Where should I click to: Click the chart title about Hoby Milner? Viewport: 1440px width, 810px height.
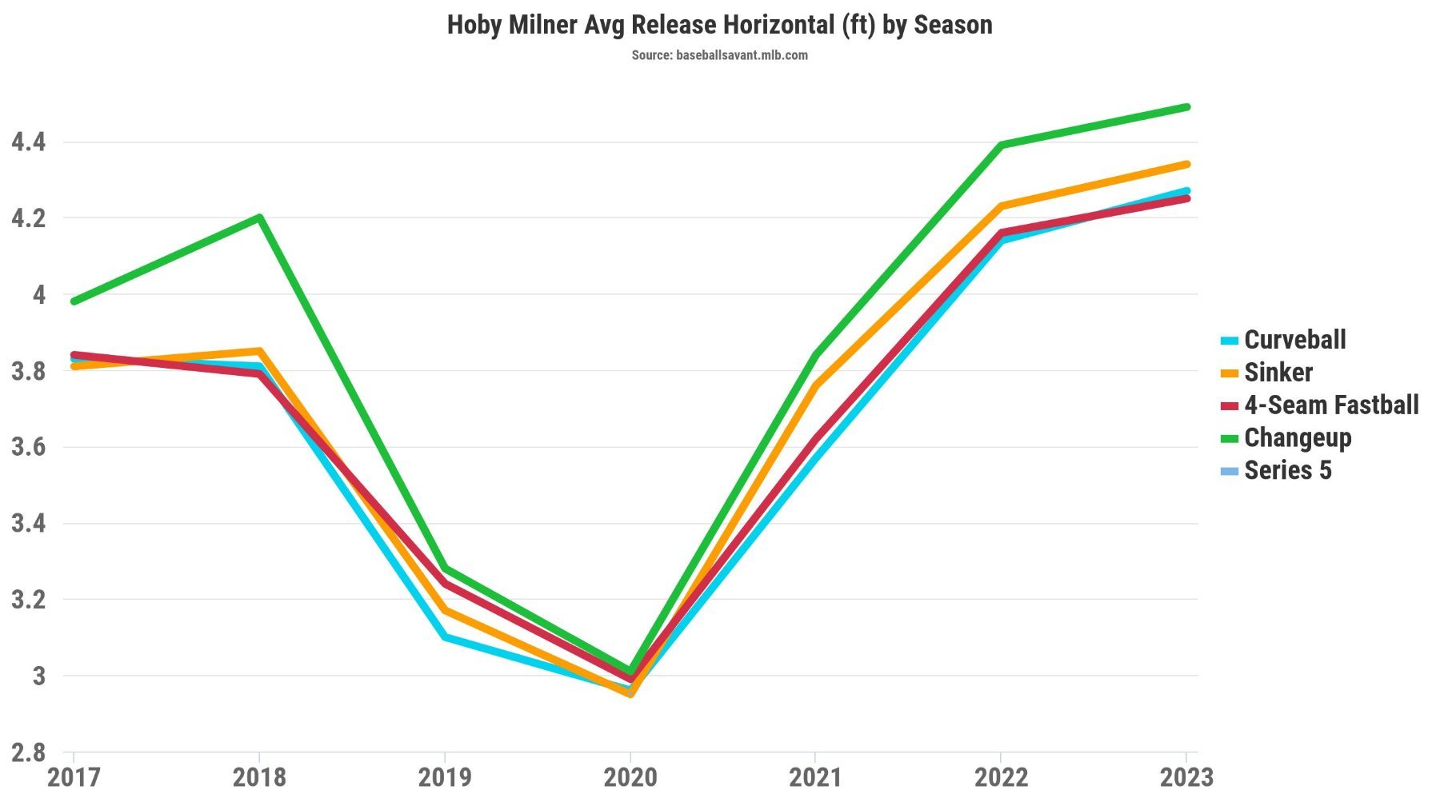tap(719, 25)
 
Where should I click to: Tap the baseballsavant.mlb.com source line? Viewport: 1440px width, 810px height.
tap(719, 55)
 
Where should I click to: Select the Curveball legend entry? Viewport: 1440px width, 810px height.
tap(1294, 340)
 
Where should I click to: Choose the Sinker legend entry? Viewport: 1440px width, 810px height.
tap(1278, 373)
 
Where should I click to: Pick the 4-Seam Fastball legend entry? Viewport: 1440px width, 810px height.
tap(1330, 405)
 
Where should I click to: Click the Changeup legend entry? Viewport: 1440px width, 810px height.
tap(1297, 438)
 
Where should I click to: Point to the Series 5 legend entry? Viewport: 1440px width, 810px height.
tap(1287, 471)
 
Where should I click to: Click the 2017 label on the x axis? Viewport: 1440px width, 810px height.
tap(74, 777)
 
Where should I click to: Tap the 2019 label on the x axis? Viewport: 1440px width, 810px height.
tap(445, 777)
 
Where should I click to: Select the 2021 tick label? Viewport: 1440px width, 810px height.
tap(815, 777)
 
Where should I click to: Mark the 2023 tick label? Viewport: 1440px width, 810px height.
tap(1186, 777)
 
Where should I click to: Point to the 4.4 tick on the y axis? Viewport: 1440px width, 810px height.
tap(29, 142)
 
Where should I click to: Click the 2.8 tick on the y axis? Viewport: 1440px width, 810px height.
tap(29, 752)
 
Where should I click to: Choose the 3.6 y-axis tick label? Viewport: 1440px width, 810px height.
tap(29, 447)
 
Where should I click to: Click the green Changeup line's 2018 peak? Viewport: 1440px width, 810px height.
tap(260, 217)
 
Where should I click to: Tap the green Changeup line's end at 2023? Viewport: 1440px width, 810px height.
tap(1186, 107)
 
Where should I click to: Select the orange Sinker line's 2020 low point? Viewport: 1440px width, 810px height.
tap(630, 693)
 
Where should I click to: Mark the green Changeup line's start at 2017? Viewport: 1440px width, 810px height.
tap(74, 301)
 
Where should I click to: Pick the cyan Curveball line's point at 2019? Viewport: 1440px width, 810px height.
tap(445, 637)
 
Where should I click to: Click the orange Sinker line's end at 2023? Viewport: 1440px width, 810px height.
tap(1186, 165)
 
